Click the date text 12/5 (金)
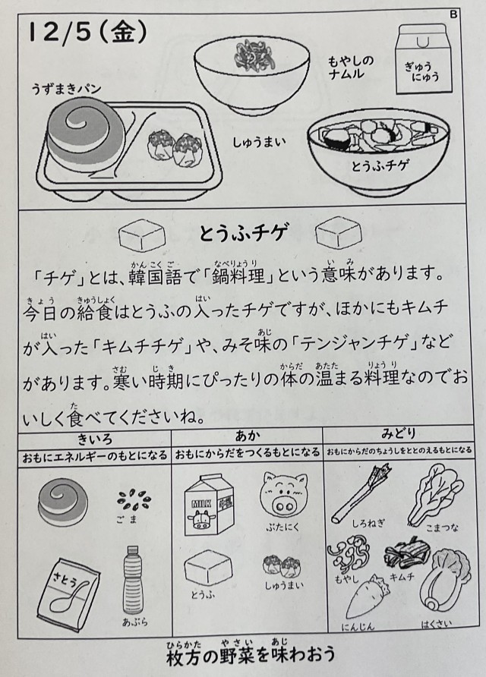pyautogui.click(x=87, y=33)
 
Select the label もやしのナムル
pyautogui.click(x=352, y=67)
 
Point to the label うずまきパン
pyautogui.click(x=66, y=90)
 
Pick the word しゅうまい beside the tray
pyautogui.click(x=259, y=142)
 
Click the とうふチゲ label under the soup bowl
pyautogui.click(x=380, y=165)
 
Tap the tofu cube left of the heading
pyautogui.click(x=142, y=235)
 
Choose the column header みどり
pyautogui.click(x=398, y=433)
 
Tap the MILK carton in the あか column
pyautogui.click(x=209, y=505)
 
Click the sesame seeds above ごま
pyautogui.click(x=134, y=500)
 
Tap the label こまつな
pyautogui.click(x=441, y=527)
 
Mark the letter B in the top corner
pyautogui.click(x=453, y=14)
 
